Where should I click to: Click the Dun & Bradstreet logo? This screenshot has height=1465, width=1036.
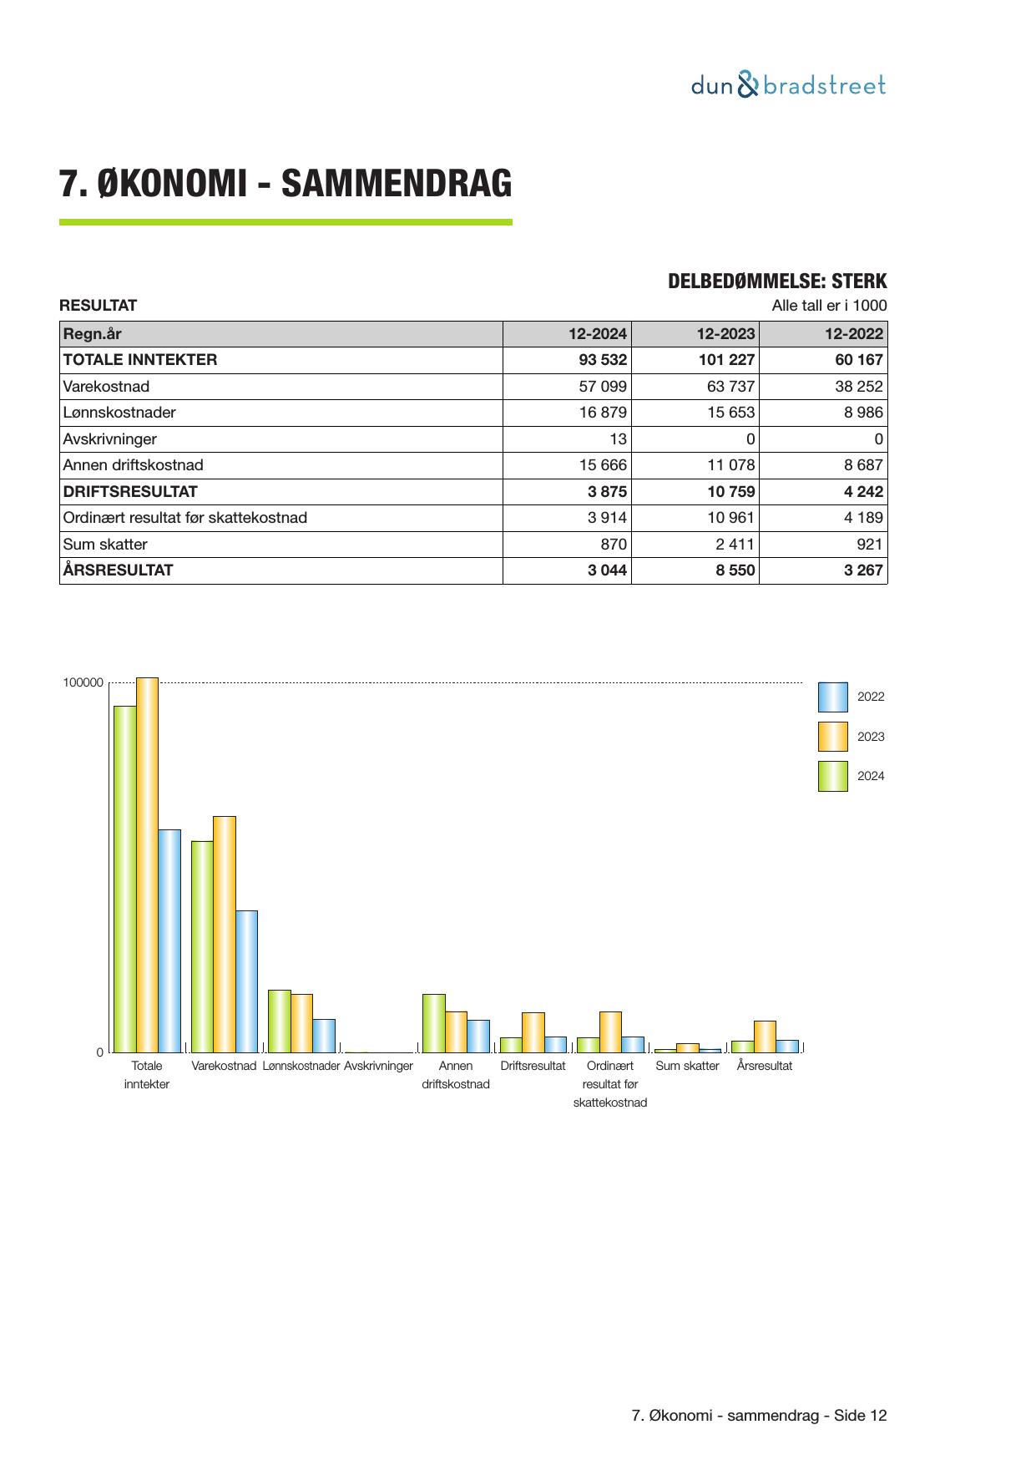[x=788, y=85]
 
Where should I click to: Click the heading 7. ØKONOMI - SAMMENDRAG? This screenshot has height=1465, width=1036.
[x=286, y=184]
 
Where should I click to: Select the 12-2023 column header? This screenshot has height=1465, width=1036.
[x=725, y=334]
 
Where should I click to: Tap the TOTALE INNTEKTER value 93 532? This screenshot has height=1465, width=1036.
[x=603, y=360]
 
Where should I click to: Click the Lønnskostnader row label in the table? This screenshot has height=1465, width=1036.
[x=119, y=413]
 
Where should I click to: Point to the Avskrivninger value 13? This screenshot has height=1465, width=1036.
[x=618, y=439]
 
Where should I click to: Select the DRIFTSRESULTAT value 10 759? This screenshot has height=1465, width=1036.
[x=730, y=492]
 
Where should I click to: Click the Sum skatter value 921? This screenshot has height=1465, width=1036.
[x=869, y=545]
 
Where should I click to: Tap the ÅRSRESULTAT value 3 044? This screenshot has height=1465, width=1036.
[x=607, y=570]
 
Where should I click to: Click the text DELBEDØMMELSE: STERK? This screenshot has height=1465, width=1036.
[x=776, y=281]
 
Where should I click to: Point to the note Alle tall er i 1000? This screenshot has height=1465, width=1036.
[x=829, y=306]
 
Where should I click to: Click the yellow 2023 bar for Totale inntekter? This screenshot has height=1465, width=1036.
[x=147, y=864]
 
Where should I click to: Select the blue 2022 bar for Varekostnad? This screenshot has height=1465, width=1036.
[x=246, y=981]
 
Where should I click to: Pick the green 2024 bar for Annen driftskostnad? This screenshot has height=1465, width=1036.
[x=433, y=1023]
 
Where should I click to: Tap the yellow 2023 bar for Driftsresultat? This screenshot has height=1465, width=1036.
[x=533, y=1032]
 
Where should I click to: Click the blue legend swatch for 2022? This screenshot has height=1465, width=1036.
[x=832, y=697]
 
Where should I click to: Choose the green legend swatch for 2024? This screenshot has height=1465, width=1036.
[x=832, y=776]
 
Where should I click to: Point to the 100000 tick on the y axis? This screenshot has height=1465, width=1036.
[x=83, y=683]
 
